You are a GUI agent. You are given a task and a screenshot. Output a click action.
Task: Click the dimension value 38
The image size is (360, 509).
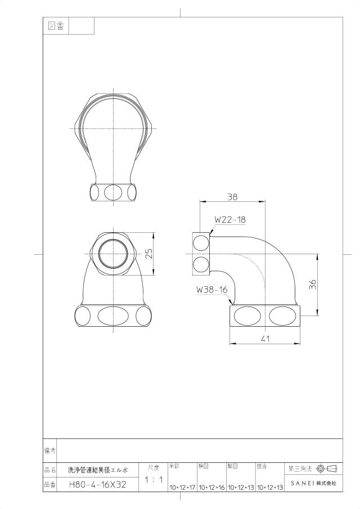tap(232, 196)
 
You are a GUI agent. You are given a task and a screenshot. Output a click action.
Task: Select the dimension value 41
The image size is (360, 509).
tap(265, 339)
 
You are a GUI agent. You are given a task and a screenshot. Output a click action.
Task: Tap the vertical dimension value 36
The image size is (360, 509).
tap(312, 285)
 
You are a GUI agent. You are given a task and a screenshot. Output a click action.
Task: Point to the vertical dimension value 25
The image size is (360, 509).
tap(148, 254)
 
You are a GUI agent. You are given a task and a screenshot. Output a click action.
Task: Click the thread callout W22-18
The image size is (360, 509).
tap(230, 219)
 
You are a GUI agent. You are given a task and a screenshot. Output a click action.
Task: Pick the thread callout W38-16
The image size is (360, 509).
tap(212, 290)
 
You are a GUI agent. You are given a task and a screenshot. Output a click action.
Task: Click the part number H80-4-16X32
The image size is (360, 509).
tap(98, 485)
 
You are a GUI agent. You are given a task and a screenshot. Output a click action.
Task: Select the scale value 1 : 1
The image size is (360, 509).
tap(154, 480)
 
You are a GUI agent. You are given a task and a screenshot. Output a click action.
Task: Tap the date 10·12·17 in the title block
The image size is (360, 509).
tap(182, 488)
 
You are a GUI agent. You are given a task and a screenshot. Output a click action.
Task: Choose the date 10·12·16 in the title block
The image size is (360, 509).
tap(211, 488)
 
